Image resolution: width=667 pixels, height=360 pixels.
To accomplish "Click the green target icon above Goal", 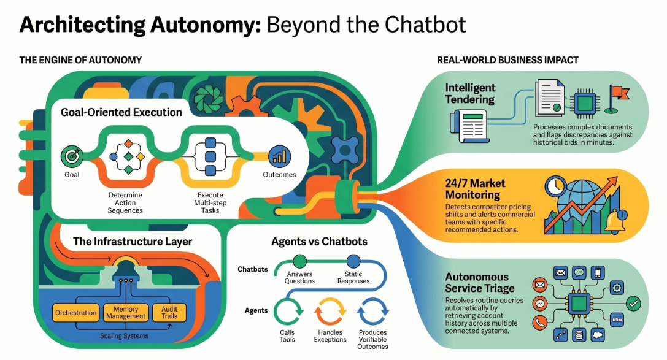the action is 72,157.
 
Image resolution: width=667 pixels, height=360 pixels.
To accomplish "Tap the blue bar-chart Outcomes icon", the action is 279,157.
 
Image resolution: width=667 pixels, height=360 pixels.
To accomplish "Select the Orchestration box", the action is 75,313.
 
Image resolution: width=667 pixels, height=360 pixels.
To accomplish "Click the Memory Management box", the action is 126,313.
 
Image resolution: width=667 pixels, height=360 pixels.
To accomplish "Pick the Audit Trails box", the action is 169,313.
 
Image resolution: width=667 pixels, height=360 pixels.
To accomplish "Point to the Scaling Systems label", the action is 124,335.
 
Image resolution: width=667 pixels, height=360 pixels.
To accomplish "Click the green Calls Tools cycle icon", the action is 288,312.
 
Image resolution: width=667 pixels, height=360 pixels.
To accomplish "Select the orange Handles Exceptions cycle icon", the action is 330,312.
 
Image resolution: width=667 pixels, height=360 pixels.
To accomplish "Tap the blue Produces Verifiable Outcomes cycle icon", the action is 372,312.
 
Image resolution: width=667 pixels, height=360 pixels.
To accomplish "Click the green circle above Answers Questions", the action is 300,261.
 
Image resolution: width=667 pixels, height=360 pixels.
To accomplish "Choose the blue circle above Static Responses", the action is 353,261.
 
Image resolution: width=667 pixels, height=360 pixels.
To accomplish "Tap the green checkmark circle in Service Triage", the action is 633,304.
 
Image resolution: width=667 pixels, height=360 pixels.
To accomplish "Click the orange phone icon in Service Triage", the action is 540,323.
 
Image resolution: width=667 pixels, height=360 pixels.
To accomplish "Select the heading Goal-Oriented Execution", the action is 121,112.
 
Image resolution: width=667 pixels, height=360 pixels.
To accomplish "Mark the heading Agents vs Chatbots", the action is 320,242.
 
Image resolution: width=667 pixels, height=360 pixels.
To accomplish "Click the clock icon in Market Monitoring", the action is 555,186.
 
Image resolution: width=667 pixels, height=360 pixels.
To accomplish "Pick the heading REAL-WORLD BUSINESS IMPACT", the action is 508,60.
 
